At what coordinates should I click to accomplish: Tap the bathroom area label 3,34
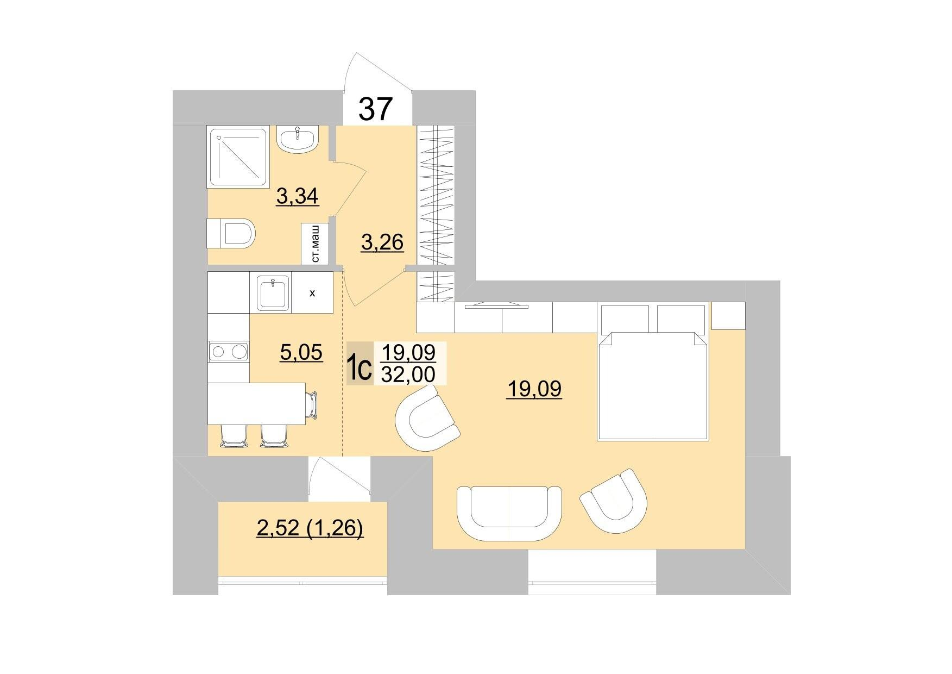click(297, 196)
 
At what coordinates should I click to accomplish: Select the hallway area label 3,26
click(382, 242)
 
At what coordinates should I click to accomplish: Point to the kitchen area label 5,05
click(301, 353)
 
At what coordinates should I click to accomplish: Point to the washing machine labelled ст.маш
click(315, 244)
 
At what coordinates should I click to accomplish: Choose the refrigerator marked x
click(312, 293)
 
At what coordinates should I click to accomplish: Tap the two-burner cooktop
click(229, 352)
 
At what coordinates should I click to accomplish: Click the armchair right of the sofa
click(614, 500)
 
